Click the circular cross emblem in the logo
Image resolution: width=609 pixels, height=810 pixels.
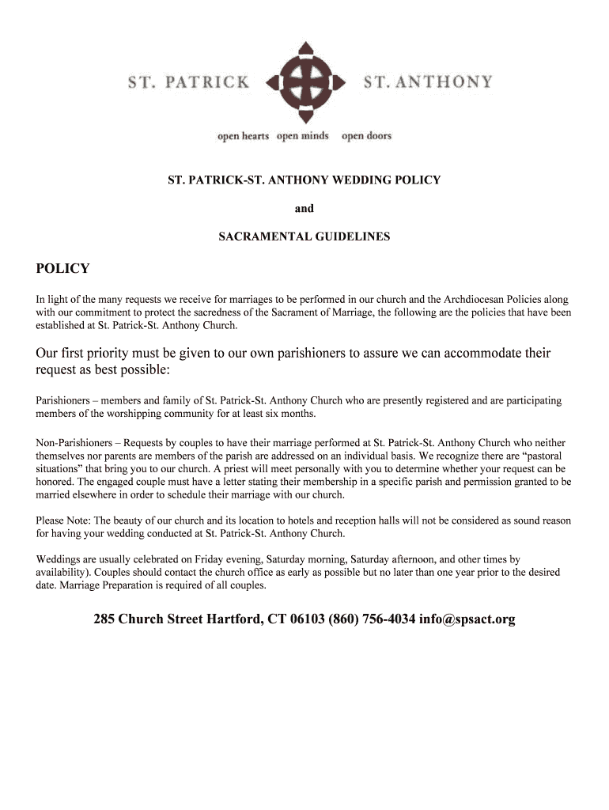(x=304, y=81)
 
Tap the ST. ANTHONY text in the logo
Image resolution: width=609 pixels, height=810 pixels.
(x=427, y=81)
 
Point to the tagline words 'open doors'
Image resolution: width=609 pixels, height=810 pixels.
(x=366, y=136)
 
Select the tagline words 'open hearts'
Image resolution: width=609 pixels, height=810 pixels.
(x=244, y=136)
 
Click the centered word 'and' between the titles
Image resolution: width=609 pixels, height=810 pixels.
(x=304, y=209)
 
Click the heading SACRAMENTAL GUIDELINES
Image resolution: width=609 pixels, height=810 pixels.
(x=304, y=237)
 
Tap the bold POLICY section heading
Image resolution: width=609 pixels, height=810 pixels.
(x=63, y=269)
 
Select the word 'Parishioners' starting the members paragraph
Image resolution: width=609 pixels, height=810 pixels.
(x=64, y=401)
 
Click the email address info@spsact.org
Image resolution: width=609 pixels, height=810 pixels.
(x=467, y=619)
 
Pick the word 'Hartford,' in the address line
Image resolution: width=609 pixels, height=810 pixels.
(x=235, y=619)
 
